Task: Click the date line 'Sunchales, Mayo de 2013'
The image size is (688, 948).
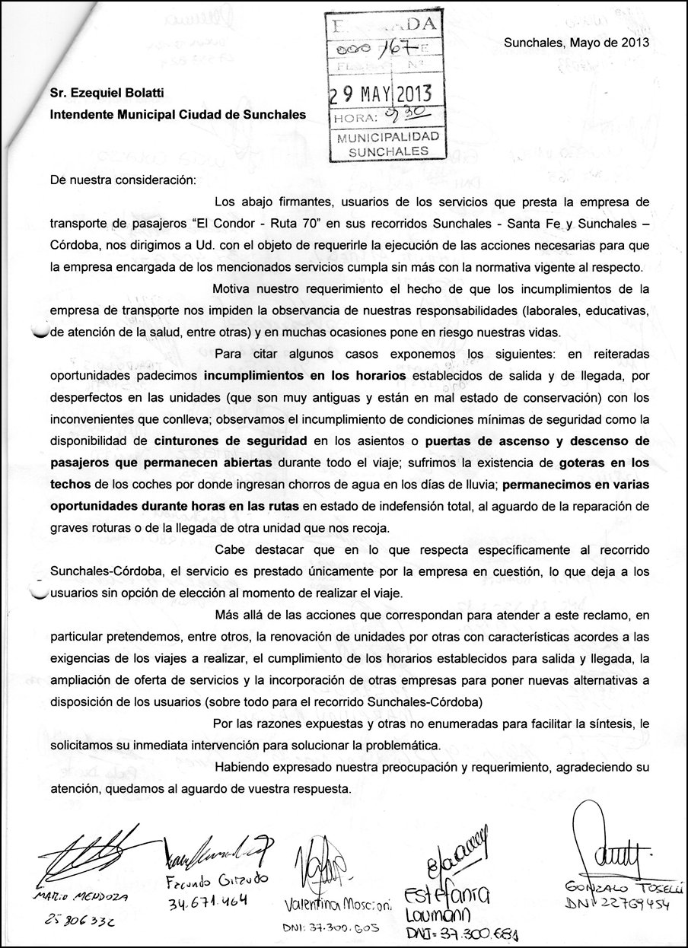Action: point(576,43)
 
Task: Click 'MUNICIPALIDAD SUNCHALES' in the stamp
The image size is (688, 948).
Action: point(388,144)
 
